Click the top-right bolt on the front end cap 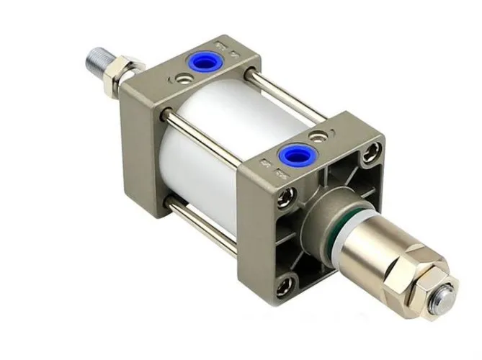372,150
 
